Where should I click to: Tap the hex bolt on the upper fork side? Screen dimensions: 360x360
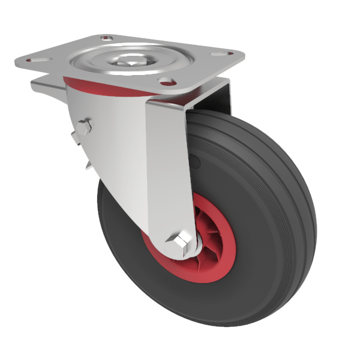coord(85,127)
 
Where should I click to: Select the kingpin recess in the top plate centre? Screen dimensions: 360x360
coord(128,59)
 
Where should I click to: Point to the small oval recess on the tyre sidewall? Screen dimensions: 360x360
coord(195,162)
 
